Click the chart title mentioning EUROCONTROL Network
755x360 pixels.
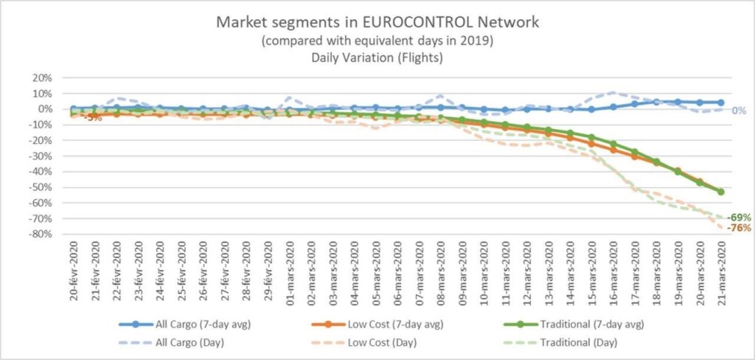[377, 22]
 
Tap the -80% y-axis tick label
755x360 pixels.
[41, 234]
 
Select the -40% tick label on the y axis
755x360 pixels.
[41, 171]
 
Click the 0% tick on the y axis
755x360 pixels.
[44, 109]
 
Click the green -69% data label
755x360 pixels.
[738, 218]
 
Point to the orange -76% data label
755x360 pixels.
[738, 228]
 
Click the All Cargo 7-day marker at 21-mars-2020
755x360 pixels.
[721, 103]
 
